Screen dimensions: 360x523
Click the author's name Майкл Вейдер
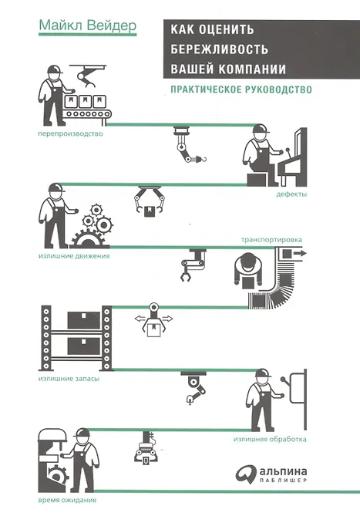[x=88, y=25]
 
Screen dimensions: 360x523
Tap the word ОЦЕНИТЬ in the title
[x=227, y=29]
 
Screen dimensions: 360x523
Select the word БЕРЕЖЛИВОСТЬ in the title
[x=220, y=49]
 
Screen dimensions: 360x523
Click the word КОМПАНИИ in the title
[x=252, y=69]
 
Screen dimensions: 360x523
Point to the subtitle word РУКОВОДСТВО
[x=278, y=89]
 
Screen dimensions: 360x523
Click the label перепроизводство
[x=71, y=134]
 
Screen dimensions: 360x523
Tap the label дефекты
[x=291, y=194]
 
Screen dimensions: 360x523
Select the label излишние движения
[x=74, y=256]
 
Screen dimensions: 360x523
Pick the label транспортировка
[x=271, y=240]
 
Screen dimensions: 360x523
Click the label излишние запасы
[x=69, y=379]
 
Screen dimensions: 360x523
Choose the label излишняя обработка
[x=270, y=439]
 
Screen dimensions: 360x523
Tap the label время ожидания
[x=67, y=500]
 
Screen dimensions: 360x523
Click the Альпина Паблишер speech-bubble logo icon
[x=246, y=474]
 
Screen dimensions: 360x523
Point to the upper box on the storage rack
[x=84, y=320]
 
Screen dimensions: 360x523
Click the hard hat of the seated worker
[x=261, y=129]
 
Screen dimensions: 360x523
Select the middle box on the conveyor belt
[x=85, y=101]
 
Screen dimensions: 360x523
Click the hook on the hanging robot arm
[x=203, y=159]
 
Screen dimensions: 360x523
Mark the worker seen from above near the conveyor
[x=248, y=271]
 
